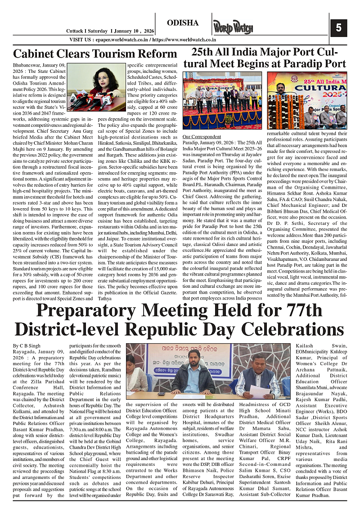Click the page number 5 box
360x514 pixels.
pyautogui.click(x=338, y=28)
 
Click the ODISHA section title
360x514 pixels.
pyautogui.click(x=183, y=23)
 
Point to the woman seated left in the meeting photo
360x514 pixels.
pyautogui.click(x=135, y=373)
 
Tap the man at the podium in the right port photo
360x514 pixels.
pyautogui.click(x=281, y=100)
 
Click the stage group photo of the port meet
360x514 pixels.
pyautogui.click(x=222, y=100)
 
